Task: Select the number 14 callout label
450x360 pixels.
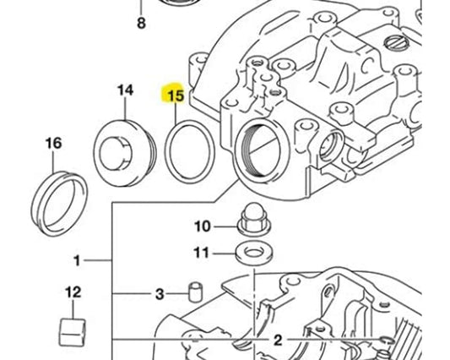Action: click(x=125, y=90)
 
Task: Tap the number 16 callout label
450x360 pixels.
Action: click(x=53, y=144)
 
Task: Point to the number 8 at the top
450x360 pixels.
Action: click(x=141, y=22)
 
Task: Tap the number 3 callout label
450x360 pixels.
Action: click(x=159, y=294)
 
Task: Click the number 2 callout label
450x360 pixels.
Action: click(x=274, y=340)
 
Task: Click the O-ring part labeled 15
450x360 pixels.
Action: click(x=187, y=147)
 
